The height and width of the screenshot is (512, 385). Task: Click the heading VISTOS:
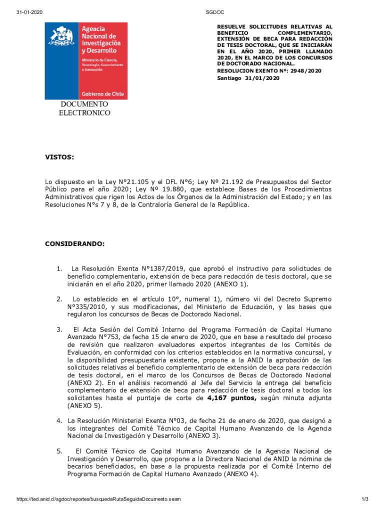point(59,157)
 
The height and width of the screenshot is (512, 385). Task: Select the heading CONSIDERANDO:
point(75,243)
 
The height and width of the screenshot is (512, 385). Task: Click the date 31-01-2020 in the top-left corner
point(28,11)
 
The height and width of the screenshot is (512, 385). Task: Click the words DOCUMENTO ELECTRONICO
point(84,108)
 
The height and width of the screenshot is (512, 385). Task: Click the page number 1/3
point(364,499)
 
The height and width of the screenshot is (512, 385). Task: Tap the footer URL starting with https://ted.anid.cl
point(99,499)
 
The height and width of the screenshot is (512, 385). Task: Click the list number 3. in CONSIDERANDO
point(59,329)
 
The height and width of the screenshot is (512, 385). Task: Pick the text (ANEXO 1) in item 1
point(230,284)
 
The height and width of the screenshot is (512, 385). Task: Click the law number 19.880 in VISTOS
point(174,189)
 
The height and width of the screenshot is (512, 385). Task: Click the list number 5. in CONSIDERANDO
point(59,451)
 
